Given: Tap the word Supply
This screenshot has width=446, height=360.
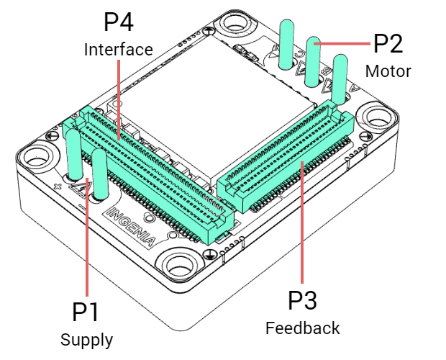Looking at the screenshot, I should tap(86, 339).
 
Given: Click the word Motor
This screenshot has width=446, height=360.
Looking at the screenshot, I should tap(388, 71).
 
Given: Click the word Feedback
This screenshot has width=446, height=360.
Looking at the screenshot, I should tap(303, 328).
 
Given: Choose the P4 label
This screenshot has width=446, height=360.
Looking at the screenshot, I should tap(119, 22).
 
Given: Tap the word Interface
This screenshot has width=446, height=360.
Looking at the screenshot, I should tap(119, 49).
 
